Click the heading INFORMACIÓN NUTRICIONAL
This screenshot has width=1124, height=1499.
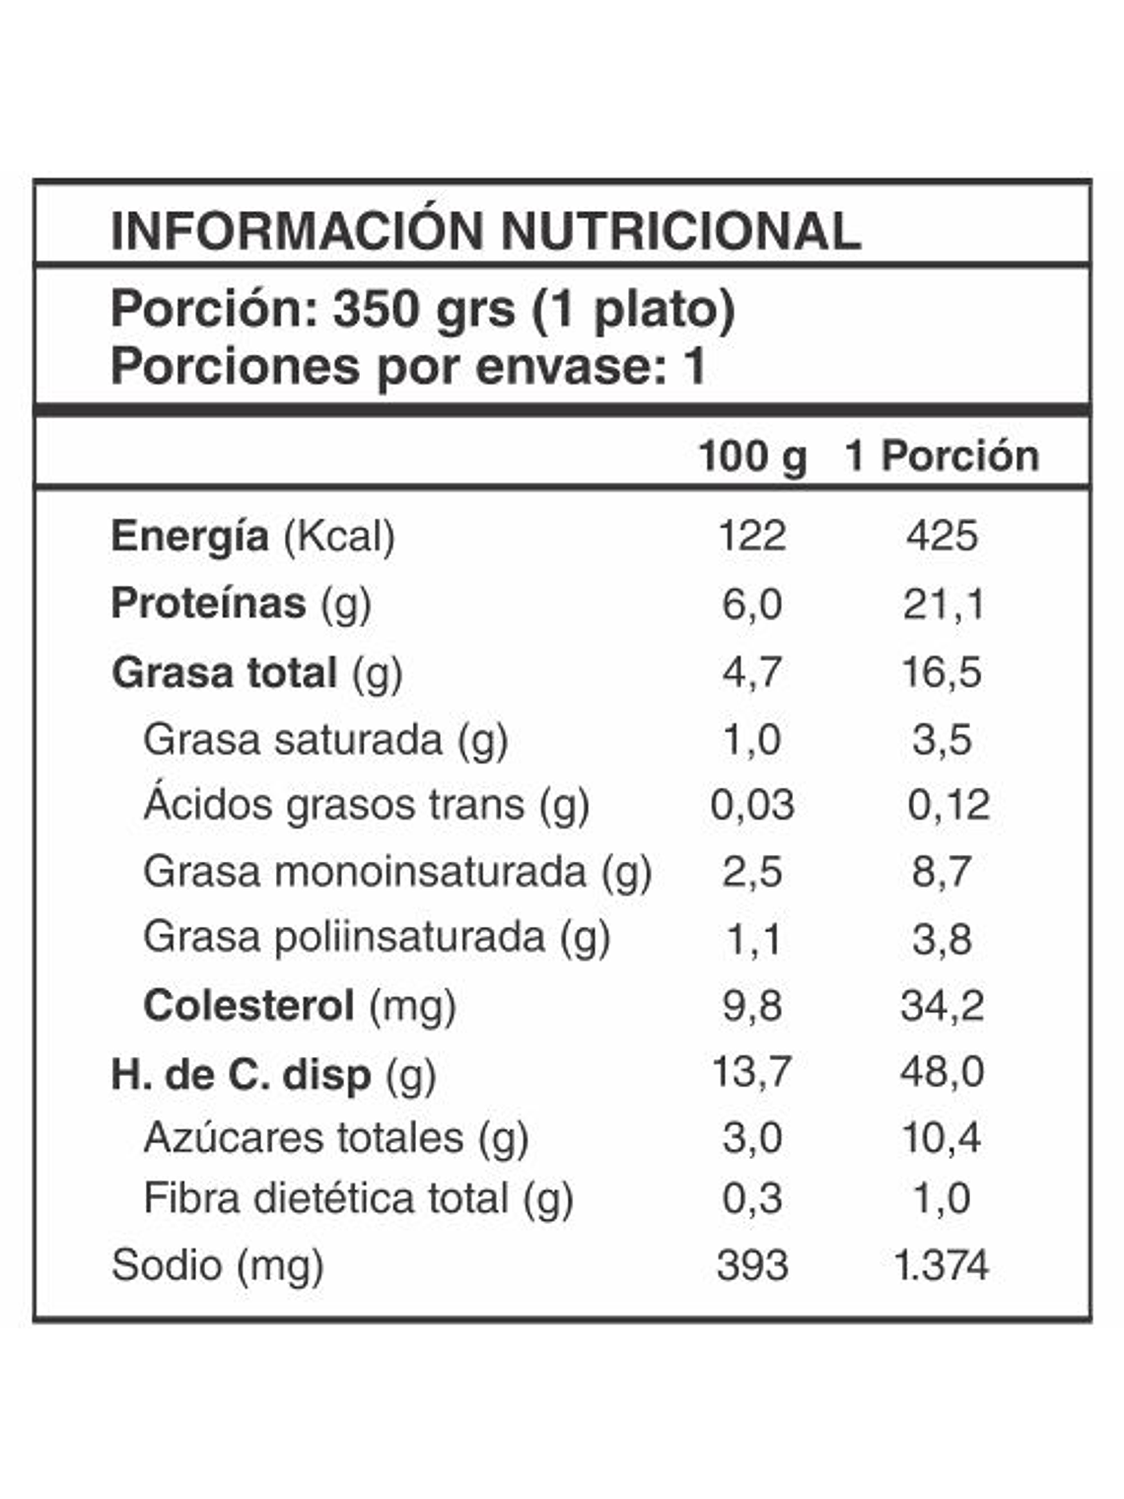tap(485, 231)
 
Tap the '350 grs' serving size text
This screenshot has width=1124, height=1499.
tap(423, 309)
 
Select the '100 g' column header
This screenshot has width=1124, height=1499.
tap(751, 457)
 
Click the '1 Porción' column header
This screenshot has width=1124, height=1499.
tap(942, 457)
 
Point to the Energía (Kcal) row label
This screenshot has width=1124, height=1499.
tap(252, 536)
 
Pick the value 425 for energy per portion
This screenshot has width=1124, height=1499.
tap(942, 536)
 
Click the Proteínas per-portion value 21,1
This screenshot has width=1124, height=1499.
tap(943, 604)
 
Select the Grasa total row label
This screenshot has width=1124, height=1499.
tap(256, 673)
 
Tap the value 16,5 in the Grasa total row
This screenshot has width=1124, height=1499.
tap(942, 673)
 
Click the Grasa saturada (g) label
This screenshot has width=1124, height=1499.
tap(325, 740)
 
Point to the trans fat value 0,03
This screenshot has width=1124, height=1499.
tap(751, 805)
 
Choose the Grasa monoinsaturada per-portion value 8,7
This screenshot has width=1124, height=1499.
tap(942, 872)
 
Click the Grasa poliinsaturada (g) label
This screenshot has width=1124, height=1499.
tap(377, 937)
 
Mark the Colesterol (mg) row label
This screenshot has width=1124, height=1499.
tap(300, 1006)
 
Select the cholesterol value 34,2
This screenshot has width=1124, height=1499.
tap(942, 1006)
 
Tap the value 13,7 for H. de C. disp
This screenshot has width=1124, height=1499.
tap(751, 1071)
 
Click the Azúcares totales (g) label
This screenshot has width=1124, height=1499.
tap(336, 1138)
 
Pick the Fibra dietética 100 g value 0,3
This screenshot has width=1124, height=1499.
tap(751, 1199)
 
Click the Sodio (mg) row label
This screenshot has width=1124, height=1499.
tap(217, 1265)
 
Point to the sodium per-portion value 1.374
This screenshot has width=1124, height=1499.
tap(941, 1265)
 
